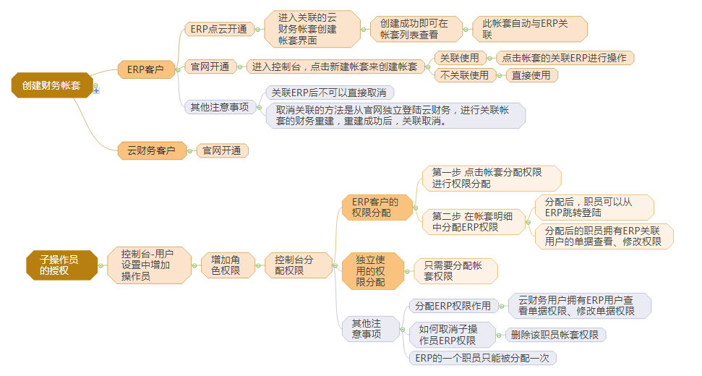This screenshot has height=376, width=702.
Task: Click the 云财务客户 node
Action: (x=152, y=150)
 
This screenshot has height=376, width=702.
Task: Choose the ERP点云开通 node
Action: (x=218, y=29)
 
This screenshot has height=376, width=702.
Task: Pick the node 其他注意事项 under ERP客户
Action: (x=219, y=107)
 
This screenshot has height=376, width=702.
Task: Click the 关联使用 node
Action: (x=460, y=57)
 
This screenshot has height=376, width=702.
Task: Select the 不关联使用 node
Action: (x=464, y=75)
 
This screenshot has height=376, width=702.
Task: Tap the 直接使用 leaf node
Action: (x=531, y=75)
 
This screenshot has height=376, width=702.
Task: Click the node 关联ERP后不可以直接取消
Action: (x=328, y=92)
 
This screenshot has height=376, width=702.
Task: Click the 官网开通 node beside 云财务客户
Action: (x=222, y=150)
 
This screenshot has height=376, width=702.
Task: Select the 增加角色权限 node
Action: (x=225, y=265)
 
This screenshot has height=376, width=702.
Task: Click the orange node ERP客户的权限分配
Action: (x=376, y=208)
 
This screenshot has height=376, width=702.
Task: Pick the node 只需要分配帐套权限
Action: (x=455, y=270)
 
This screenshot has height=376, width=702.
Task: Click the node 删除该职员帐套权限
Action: (x=555, y=335)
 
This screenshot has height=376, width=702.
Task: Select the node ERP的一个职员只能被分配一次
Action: (x=481, y=357)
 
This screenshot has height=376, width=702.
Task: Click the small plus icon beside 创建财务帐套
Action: (x=96, y=91)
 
